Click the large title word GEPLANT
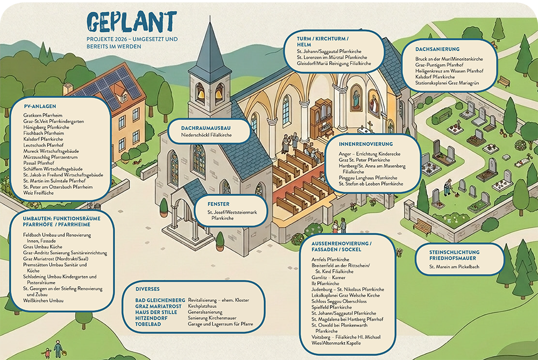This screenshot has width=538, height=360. (132, 22)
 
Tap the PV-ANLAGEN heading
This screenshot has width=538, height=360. (40, 107)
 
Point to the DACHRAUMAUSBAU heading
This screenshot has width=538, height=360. (206, 128)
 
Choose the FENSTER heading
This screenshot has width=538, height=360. (218, 204)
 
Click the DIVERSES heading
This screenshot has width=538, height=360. (147, 289)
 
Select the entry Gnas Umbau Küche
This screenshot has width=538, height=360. (43, 247)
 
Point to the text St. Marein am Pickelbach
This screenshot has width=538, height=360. (454, 267)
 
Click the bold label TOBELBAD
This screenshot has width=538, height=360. (148, 324)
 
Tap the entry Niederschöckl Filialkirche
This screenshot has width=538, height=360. (206, 135)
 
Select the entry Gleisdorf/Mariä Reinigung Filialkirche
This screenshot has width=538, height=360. (334, 63)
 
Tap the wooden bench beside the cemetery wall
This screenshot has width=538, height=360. (422, 227)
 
